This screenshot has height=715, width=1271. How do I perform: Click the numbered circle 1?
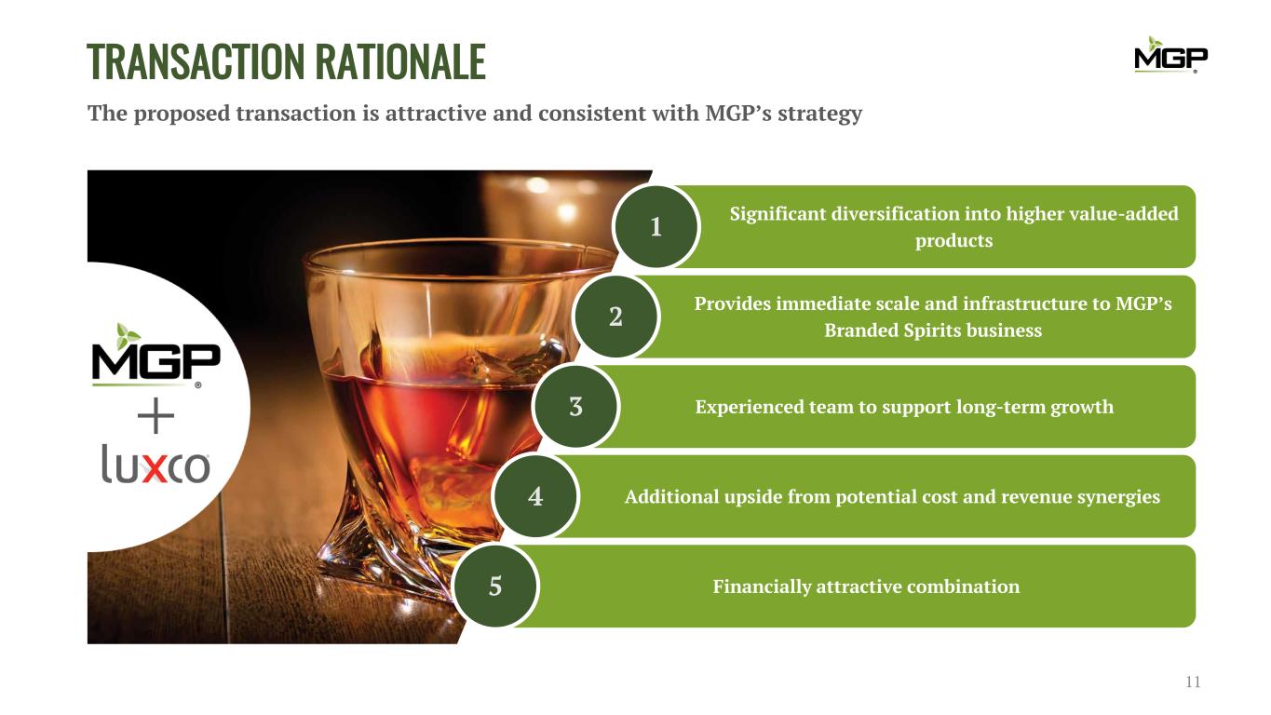(x=656, y=226)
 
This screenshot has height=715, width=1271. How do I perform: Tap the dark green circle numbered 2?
(x=615, y=317)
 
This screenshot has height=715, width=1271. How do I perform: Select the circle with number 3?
(x=575, y=406)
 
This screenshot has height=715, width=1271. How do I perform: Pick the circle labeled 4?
(x=535, y=496)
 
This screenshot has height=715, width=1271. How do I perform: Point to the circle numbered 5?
(x=495, y=586)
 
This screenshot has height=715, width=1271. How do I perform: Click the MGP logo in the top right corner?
(x=1170, y=55)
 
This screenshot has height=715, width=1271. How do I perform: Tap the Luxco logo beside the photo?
(x=155, y=465)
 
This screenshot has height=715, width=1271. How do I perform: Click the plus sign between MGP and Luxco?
(x=155, y=415)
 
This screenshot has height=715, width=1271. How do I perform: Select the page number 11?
(x=1193, y=681)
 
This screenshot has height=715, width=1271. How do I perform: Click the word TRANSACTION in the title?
(x=196, y=61)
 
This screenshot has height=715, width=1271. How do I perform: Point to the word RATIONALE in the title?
(x=400, y=61)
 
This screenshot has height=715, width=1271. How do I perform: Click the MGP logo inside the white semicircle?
(x=155, y=356)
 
